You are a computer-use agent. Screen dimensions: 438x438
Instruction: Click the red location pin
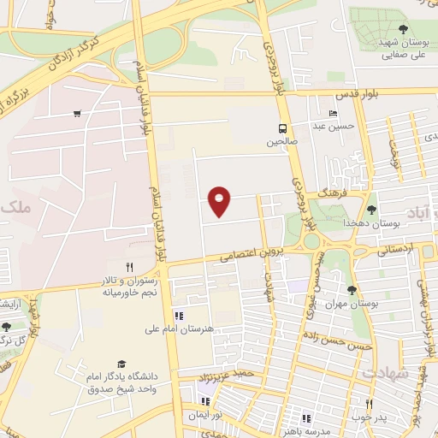(220, 200)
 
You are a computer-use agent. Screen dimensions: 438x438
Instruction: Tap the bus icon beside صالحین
(281, 130)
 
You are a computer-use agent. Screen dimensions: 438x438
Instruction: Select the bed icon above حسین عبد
(333, 115)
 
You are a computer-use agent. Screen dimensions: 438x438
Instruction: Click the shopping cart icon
(78, 114)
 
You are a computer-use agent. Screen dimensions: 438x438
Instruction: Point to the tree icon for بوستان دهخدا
(370, 209)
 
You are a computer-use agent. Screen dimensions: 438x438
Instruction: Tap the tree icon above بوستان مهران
(351, 290)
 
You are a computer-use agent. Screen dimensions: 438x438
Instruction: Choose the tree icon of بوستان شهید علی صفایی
(403, 30)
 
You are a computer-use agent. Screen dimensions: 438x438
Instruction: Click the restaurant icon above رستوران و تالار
(130, 268)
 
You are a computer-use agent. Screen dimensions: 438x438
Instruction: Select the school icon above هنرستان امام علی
(179, 315)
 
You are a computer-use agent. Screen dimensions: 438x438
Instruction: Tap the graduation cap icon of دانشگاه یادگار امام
(121, 364)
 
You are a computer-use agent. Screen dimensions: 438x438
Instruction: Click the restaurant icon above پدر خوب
(370, 404)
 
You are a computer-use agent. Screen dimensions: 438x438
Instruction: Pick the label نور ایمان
(206, 413)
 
